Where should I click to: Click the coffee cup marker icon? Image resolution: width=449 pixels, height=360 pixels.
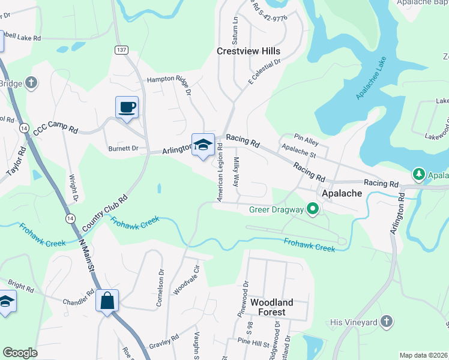[x=127, y=107]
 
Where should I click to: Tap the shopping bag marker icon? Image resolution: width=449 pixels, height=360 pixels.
[x=107, y=300]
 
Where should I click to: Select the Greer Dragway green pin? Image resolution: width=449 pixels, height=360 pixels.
[x=312, y=209]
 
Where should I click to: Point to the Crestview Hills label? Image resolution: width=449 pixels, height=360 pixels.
[x=248, y=52]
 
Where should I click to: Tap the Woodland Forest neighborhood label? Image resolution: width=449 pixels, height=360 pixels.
[x=272, y=307]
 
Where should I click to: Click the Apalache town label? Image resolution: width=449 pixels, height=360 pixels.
[x=342, y=194]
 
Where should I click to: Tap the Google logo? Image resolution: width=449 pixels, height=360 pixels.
[x=20, y=353]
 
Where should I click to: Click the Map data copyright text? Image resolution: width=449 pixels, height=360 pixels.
[x=423, y=355]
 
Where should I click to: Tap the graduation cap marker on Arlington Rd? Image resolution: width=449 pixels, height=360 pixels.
[x=203, y=145]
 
